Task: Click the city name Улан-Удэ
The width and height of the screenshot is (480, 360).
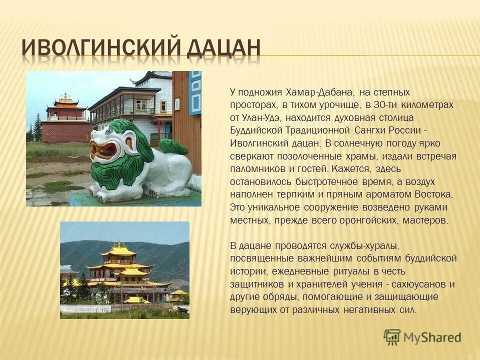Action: pos(264,117)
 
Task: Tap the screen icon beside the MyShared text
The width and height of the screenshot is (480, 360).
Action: pos(392,336)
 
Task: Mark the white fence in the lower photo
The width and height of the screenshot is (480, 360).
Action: pos(85,308)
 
